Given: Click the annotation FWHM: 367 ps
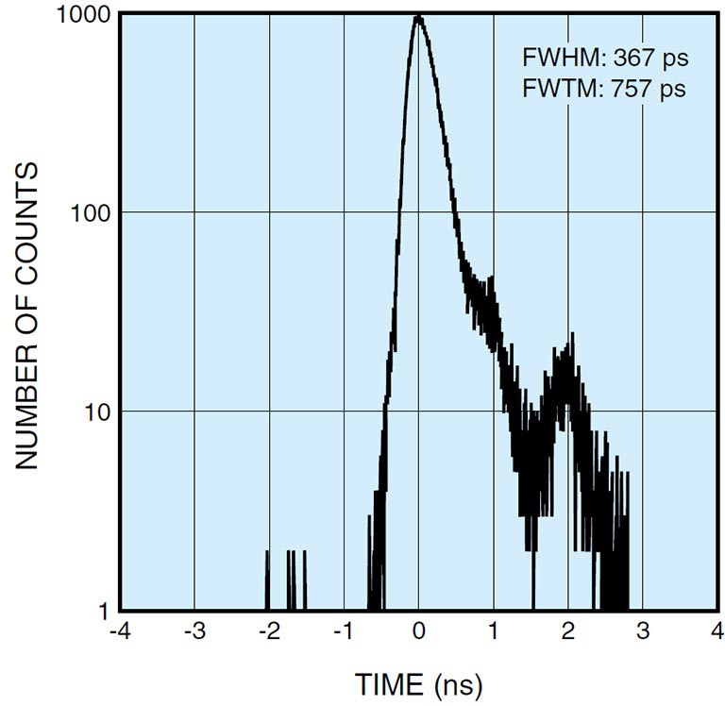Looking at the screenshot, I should [605, 58].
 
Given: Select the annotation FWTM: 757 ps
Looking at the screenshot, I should [605, 89].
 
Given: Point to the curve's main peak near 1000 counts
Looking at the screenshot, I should [418, 17].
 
